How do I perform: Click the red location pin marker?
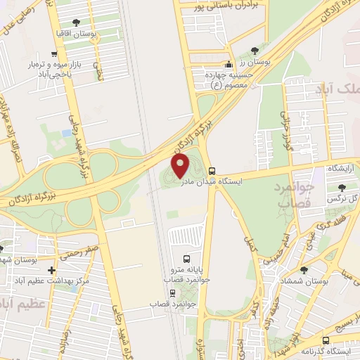(181, 166)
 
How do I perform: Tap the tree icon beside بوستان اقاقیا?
(86, 22)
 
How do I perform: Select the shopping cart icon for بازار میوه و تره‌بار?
(53, 53)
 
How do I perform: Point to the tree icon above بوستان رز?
(255, 51)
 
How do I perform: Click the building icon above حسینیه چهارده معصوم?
(227, 64)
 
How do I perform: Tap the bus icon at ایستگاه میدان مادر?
(212, 170)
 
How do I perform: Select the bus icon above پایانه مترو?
(186, 258)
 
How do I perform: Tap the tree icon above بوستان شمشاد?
(304, 270)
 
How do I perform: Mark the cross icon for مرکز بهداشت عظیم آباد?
(51, 270)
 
